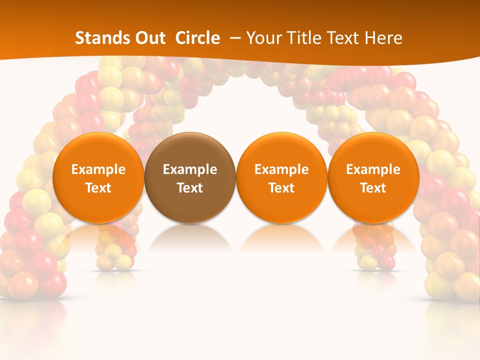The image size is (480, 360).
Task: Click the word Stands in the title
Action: click(x=98, y=38)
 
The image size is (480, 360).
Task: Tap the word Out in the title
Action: click(x=148, y=38)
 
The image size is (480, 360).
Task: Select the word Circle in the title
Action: click(x=197, y=38)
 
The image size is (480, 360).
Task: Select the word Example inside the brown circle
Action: click(x=190, y=169)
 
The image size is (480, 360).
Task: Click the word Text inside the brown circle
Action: click(x=190, y=188)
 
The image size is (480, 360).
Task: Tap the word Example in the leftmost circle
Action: click(x=98, y=169)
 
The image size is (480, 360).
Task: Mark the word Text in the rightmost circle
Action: click(x=373, y=188)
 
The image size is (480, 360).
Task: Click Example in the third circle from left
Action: click(x=281, y=169)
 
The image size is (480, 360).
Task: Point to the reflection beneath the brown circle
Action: click(x=190, y=237)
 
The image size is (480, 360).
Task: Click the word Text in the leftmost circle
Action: click(x=98, y=188)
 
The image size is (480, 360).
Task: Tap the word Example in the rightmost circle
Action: click(x=373, y=169)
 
